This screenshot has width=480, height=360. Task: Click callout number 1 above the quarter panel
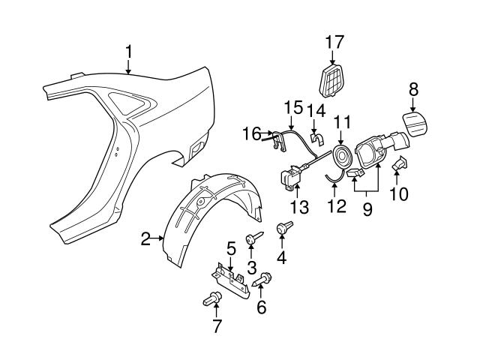129,52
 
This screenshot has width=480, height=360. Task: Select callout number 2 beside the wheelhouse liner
145,239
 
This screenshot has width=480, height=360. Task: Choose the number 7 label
216,325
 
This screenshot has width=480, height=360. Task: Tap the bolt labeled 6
264,281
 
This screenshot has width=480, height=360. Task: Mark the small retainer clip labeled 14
316,138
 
